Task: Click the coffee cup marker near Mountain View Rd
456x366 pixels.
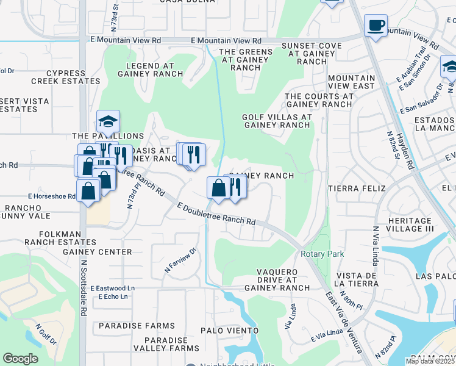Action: [x=376, y=26]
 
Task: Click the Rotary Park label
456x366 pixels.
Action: [x=322, y=254]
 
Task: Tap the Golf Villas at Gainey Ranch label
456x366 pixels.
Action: [x=277, y=121]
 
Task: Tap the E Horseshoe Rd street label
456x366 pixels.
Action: [x=51, y=196]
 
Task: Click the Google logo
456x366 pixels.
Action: [x=21, y=359]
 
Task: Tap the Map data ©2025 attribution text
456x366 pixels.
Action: [x=430, y=361]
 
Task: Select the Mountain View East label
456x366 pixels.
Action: [x=351, y=82]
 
